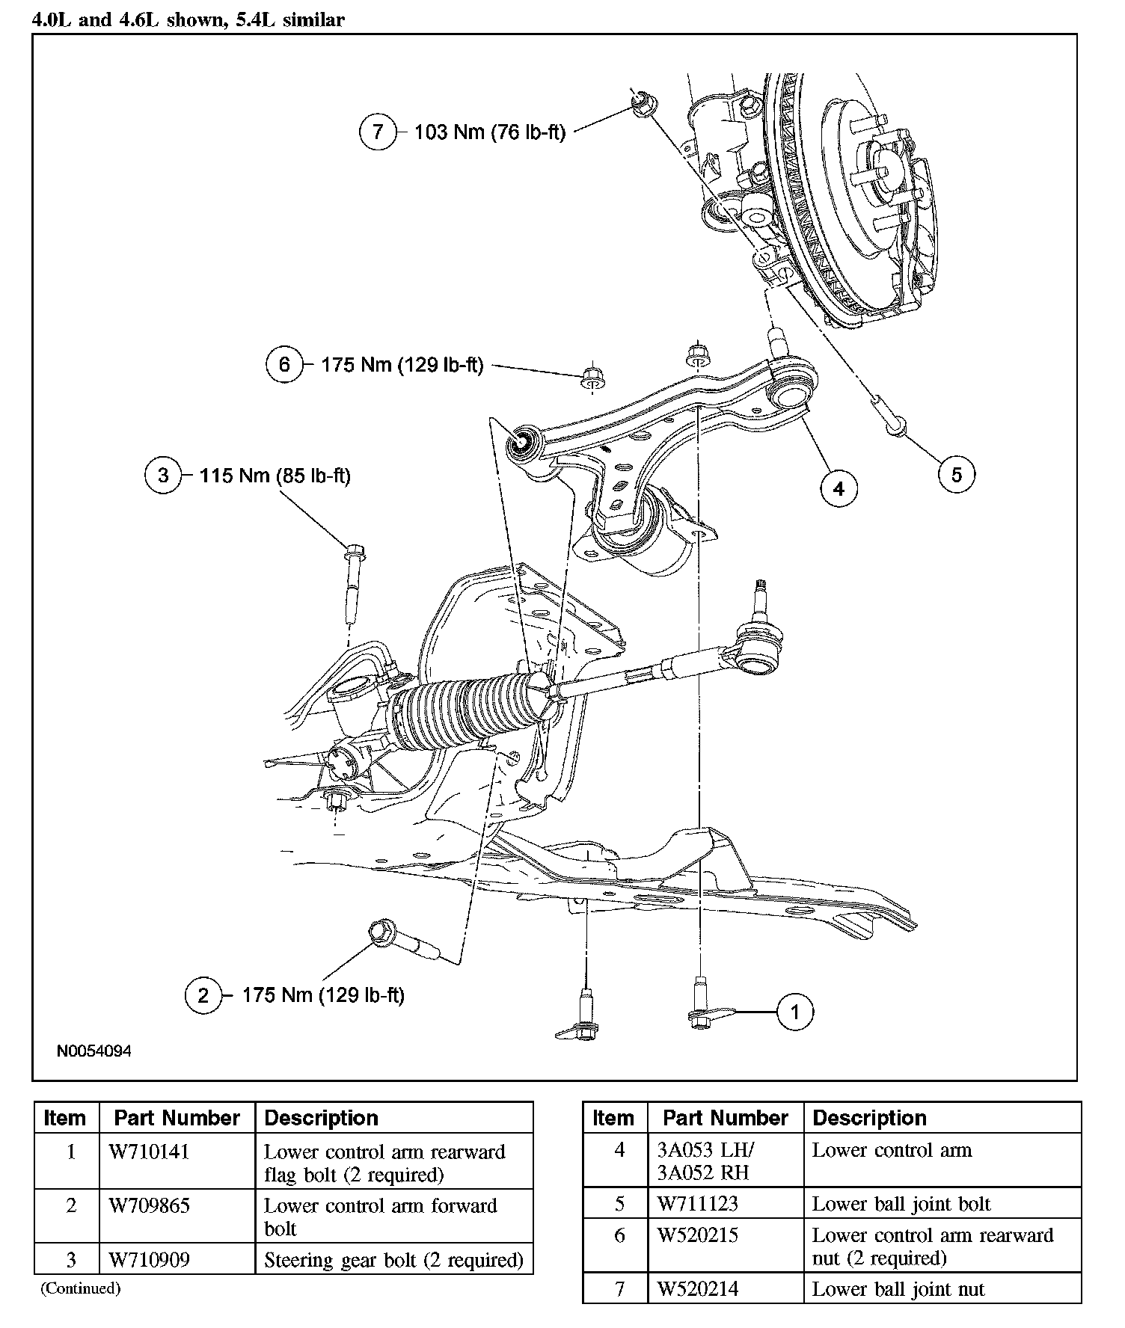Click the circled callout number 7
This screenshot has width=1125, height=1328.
pyautogui.click(x=378, y=132)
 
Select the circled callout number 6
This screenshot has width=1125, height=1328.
pyautogui.click(x=284, y=365)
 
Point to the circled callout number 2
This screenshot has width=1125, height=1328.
pyautogui.click(x=203, y=995)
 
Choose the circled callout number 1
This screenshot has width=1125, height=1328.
pyautogui.click(x=794, y=1012)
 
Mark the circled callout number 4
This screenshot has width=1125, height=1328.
pyautogui.click(x=839, y=488)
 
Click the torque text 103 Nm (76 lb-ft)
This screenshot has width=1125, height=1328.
pyautogui.click(x=490, y=132)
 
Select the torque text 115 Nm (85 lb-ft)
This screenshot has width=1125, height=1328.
pyautogui.click(x=275, y=476)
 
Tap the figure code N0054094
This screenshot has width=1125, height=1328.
pyautogui.click(x=94, y=1051)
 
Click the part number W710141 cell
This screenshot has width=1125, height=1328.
pyautogui.click(x=149, y=1152)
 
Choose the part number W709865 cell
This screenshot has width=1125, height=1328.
pyautogui.click(x=149, y=1205)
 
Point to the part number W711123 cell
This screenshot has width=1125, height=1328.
pyautogui.click(x=697, y=1204)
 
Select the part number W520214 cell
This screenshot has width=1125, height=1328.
pyautogui.click(x=697, y=1289)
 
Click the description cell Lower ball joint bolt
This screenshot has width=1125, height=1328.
pyautogui.click(x=901, y=1204)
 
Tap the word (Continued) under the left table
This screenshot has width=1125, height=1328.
pyautogui.click(x=80, y=1288)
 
